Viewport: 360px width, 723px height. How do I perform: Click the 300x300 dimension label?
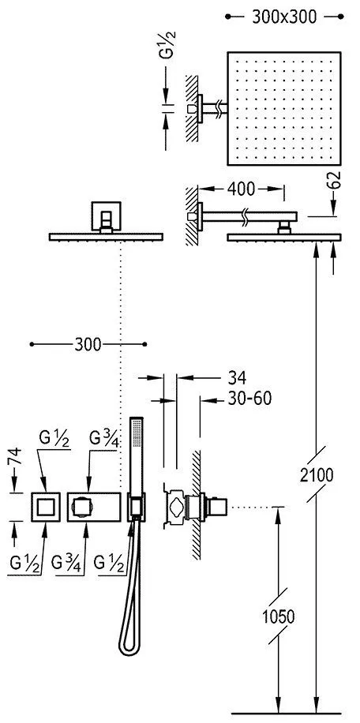tap(284, 17)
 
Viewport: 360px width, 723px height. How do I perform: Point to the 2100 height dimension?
tap(317, 474)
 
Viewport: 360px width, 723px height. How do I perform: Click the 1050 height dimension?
tap(279, 616)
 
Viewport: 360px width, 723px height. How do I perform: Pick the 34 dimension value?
tap(237, 378)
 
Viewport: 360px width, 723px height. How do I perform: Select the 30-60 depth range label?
tap(249, 399)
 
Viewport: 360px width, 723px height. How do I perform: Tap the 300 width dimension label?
tap(88, 344)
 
